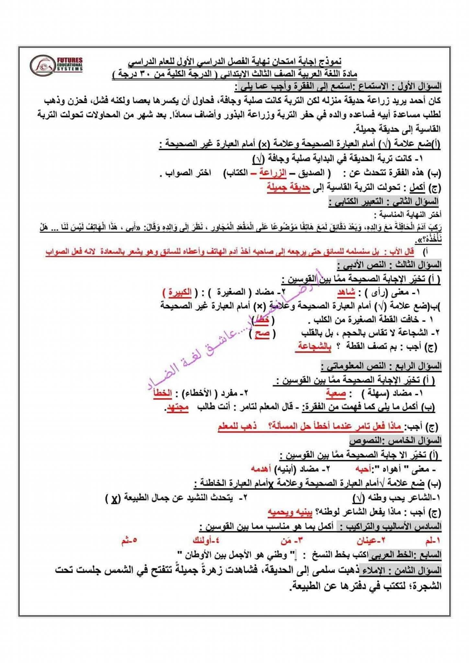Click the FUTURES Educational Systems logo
57,64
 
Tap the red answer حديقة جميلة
288,187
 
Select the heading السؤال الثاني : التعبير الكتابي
384,202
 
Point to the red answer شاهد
346,292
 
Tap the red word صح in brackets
262,333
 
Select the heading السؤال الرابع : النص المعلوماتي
382,366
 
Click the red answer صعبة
336,393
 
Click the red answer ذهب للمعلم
237,426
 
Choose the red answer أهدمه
261,468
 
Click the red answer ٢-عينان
371,540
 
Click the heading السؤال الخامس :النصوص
395,441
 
